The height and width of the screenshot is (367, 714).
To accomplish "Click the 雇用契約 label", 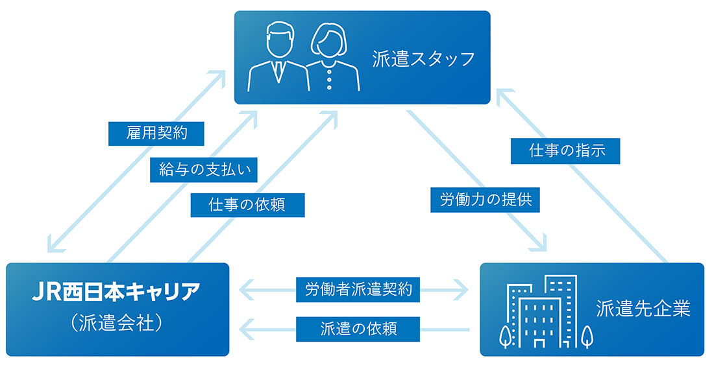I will coord(156,134).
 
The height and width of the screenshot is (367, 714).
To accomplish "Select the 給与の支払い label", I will coord(204,170).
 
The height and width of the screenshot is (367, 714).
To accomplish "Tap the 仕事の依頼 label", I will coord(247,204).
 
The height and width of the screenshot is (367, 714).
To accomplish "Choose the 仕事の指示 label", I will coord(567,151).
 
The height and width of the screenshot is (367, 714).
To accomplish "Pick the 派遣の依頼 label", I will coord(358,327).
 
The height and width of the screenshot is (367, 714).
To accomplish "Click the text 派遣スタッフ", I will coord(424,60).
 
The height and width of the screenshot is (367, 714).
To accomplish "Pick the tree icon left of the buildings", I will coord(505,336).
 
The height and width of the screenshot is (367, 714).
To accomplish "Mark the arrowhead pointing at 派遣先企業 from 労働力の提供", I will coord(540,244).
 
